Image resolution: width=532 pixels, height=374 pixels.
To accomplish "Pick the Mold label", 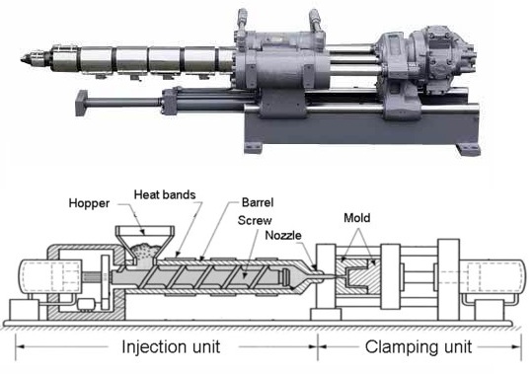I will click(x=359, y=216).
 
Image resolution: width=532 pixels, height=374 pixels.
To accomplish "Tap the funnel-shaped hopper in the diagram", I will click(x=142, y=243).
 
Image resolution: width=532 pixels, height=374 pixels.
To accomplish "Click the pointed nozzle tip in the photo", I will click(x=22, y=59).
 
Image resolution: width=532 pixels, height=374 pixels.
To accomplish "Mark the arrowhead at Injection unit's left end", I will click(x=19, y=347).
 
